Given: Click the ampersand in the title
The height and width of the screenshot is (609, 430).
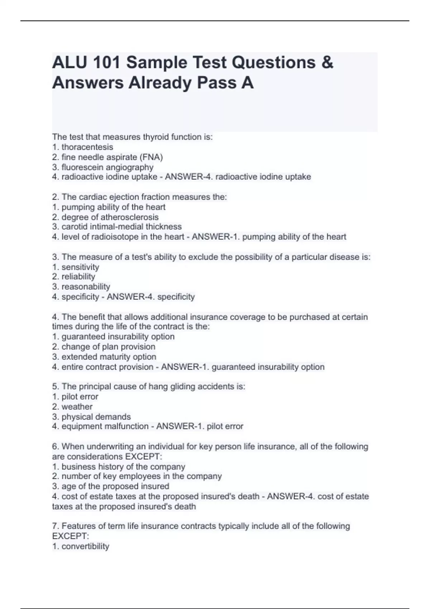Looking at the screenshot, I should [x=327, y=63].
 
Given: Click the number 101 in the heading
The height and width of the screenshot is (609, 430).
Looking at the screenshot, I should [x=106, y=63].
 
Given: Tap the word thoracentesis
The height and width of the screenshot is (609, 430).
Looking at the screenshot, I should [x=87, y=147].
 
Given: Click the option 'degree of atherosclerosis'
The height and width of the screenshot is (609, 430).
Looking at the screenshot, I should [x=110, y=217].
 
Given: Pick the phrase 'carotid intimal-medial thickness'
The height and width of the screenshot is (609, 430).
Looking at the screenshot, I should [x=121, y=227].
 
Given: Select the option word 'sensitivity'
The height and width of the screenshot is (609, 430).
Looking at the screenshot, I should [x=80, y=267].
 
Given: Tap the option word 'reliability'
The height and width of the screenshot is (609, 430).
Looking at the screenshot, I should [x=78, y=277].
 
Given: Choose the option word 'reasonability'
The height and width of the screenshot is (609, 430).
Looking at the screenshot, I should [x=86, y=287].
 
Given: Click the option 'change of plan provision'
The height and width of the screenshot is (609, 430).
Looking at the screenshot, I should [x=108, y=347].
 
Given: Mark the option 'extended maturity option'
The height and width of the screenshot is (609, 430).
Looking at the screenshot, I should [x=109, y=357].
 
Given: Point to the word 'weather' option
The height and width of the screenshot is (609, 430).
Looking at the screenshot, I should [x=77, y=407].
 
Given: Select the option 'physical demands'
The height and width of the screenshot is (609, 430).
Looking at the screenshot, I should [x=96, y=417].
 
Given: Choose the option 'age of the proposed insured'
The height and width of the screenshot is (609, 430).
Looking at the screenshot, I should [x=115, y=486].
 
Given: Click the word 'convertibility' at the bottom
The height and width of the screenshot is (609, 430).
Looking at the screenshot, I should [x=85, y=546].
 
